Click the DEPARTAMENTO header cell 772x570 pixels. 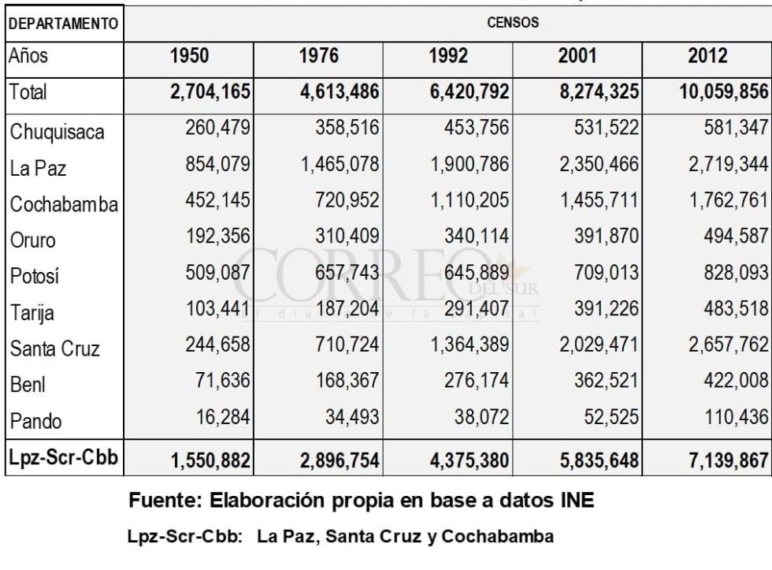64,24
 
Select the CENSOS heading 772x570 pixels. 513,23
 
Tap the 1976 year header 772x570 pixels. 318,56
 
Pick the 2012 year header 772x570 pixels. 707,56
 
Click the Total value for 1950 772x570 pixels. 210,91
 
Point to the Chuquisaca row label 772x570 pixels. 57,132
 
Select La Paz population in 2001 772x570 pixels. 599,164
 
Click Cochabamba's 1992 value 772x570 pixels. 470,200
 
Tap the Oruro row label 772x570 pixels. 32,240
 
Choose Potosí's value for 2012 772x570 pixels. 736,273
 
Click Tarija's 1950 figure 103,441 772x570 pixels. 218,309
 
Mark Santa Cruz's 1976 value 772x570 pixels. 347,345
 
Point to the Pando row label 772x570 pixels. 35,421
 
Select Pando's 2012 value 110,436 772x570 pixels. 736,417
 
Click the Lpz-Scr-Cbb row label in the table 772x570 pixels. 64,457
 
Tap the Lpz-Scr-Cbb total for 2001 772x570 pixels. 599,460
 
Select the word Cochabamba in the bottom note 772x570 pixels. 497,536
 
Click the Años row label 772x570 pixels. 28,56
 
